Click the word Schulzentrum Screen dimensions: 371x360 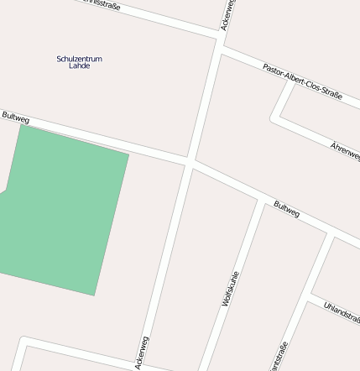pos(79,59)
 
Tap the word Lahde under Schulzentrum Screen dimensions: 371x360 pos(79,65)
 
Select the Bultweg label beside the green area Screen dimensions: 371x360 pos(16,118)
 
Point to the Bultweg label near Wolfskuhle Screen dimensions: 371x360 pos(286,209)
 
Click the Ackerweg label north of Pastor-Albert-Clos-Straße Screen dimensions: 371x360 pos(227,14)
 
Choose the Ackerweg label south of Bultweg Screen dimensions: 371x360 pos(142,353)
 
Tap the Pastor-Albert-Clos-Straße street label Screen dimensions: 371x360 pos(302,81)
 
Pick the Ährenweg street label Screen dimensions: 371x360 pos(345,151)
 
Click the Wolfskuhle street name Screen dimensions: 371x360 pos(231,288)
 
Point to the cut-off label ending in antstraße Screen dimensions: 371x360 pos(280,356)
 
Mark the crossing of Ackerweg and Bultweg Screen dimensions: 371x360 pos(190,160)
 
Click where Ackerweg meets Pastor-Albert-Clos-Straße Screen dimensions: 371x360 pos(220,47)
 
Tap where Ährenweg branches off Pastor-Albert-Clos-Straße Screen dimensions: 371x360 pos(291,81)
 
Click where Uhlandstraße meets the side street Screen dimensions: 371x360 pos(311,297)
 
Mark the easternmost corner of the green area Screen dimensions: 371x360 pos(128,154)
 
